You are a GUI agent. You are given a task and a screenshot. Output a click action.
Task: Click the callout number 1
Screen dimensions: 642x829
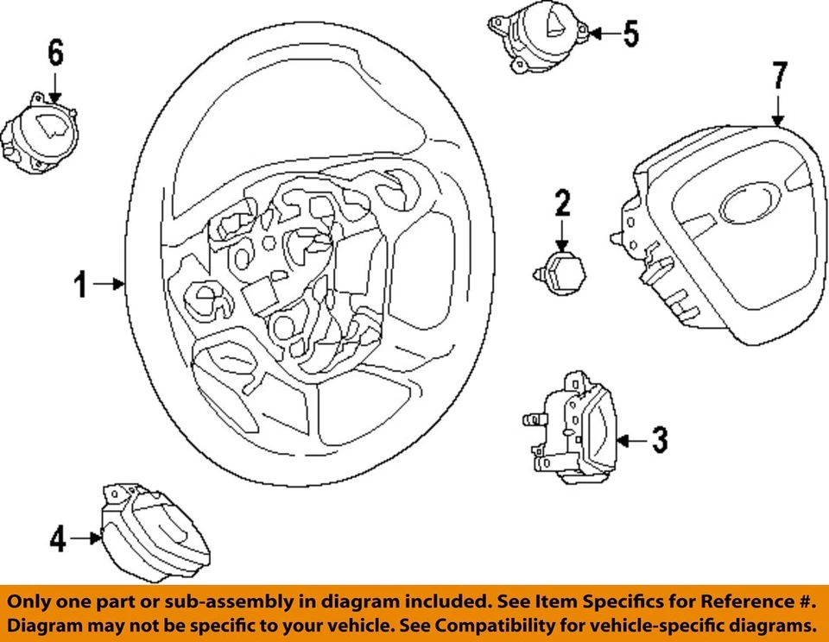pos(79,284)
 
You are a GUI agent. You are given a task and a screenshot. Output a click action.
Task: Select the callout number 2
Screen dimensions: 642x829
pos(562,205)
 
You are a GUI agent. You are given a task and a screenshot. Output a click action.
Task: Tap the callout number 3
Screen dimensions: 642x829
pos(659,441)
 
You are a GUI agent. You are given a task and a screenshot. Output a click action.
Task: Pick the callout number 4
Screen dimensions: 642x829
pos(57,539)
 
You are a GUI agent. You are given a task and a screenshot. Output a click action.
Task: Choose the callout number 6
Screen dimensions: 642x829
pos(55,53)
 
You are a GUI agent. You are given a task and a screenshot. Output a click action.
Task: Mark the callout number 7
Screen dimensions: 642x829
pos(779,77)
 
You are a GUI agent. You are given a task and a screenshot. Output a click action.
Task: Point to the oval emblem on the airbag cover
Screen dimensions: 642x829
pos(743,205)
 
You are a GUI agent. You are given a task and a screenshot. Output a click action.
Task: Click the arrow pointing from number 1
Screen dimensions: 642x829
pos(111,284)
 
